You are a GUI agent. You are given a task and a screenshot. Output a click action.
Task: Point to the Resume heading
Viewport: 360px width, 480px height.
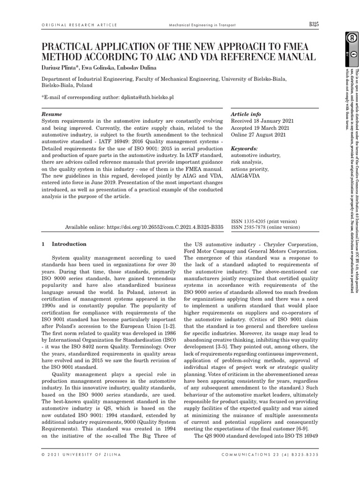tap(52, 114)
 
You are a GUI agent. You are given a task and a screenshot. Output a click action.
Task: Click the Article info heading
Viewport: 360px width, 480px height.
tap(246, 114)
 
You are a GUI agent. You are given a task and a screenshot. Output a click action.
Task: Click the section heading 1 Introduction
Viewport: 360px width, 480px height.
tap(64, 244)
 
